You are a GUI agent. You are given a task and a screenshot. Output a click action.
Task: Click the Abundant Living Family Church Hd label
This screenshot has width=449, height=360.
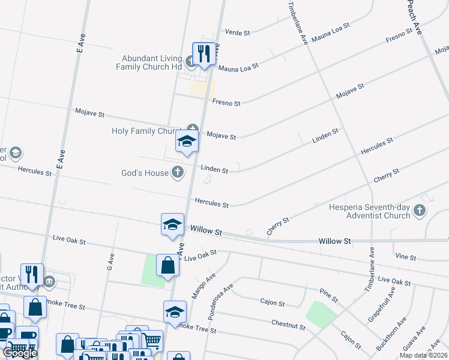152,62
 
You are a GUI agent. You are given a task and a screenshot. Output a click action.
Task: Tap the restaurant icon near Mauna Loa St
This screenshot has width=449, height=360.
204,53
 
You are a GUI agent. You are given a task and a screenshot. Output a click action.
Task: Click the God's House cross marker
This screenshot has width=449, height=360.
177,173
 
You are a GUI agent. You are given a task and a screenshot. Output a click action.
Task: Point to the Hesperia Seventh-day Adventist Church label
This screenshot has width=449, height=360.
370,211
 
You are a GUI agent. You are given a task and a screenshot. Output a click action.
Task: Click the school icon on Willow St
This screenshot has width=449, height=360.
172,225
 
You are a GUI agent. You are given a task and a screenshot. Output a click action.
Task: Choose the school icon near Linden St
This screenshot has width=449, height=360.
187,142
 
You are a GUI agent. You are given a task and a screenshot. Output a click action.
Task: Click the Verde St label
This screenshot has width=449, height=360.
237,32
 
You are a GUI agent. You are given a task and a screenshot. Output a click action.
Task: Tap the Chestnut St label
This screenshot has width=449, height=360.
289,326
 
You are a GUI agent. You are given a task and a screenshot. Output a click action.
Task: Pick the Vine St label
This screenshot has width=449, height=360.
406,257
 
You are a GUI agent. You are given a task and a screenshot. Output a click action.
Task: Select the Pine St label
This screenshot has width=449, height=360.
330,295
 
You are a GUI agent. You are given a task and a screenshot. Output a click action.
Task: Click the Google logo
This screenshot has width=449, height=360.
20,353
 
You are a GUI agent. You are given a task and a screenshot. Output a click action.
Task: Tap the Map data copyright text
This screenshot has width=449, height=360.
423,356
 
